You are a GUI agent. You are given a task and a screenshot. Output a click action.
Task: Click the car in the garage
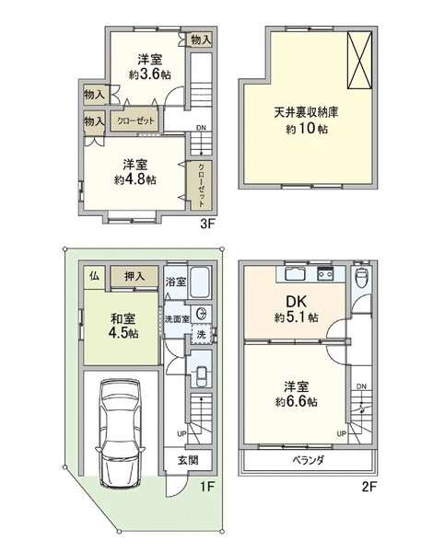point(120,433)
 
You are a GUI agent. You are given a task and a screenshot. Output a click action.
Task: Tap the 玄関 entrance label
point(188,460)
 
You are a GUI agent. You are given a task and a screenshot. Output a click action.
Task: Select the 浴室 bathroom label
point(176,282)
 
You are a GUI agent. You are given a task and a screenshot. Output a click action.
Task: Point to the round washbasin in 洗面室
point(202,314)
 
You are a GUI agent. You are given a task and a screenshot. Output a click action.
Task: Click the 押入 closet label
point(135,277)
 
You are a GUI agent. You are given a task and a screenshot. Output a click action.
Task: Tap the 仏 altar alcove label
point(94,276)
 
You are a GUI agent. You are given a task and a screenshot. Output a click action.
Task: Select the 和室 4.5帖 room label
point(123,326)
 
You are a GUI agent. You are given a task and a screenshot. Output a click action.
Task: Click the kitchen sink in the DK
point(295,274)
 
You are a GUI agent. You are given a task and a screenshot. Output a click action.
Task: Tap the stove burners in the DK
point(325,273)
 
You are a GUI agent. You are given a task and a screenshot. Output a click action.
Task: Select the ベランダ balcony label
point(308,460)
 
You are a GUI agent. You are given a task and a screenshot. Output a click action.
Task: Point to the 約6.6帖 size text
point(296,402)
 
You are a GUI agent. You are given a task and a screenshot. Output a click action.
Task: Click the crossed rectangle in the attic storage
point(359,60)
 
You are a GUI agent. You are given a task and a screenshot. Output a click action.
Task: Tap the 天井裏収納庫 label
point(306,112)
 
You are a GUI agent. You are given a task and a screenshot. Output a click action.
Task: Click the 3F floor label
point(207,224)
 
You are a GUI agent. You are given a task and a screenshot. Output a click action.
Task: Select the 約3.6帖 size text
point(150,75)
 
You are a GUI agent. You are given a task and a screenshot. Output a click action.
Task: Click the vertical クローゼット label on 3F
point(201,185)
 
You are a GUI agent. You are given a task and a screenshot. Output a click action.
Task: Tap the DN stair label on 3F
point(201,128)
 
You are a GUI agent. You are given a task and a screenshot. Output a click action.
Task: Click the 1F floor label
point(207,487)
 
